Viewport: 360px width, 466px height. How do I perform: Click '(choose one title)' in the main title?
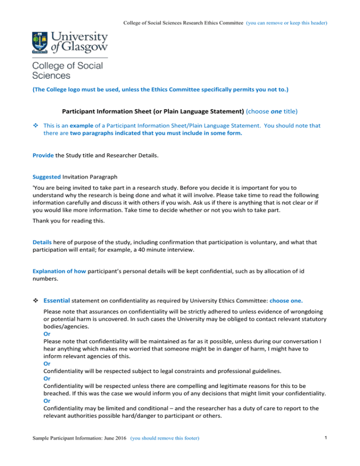pos(272,112)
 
